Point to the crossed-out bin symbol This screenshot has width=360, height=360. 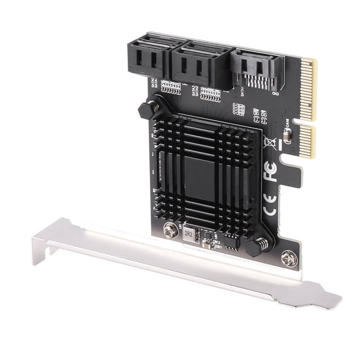click(x=271, y=141)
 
